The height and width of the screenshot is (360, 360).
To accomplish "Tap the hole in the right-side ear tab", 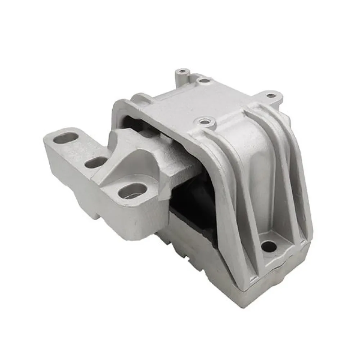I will point(269,96).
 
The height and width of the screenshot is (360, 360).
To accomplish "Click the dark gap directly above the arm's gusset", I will point(135,122).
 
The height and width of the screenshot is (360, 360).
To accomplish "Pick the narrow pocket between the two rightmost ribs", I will point(288,187).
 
